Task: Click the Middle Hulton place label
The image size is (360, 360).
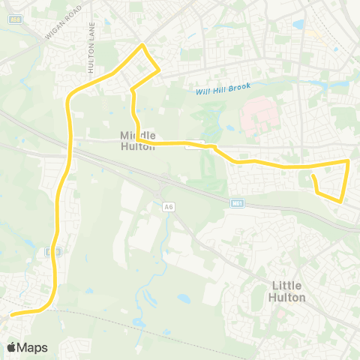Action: [x=138, y=140]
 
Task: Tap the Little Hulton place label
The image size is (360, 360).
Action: [x=287, y=291]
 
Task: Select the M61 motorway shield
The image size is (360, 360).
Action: [x=237, y=202]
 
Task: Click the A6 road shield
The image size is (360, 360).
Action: [x=168, y=206]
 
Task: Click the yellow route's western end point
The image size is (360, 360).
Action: [x=10, y=315]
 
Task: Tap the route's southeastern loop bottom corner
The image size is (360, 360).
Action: [x=341, y=200]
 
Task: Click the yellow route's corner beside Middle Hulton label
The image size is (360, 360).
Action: [x=139, y=140]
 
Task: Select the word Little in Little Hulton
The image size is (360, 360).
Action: [x=287, y=285]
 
